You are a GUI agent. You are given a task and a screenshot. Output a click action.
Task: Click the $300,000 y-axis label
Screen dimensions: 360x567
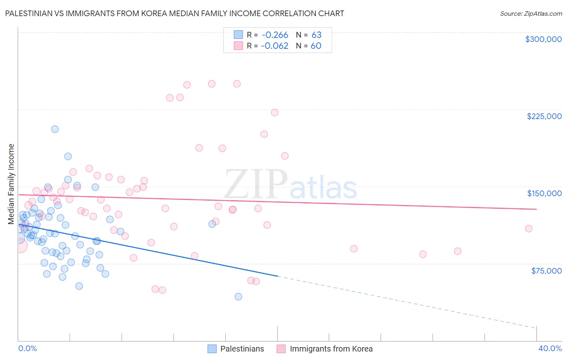coord(543,39)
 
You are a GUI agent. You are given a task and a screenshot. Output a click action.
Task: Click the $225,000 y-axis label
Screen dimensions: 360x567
coord(544,116)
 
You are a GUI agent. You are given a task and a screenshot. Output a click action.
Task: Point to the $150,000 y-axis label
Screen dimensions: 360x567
coord(544,193)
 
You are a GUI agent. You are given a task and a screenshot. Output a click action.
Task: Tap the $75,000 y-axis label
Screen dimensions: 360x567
coord(546,271)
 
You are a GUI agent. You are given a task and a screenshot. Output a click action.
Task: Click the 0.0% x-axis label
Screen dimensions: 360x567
coord(27,348)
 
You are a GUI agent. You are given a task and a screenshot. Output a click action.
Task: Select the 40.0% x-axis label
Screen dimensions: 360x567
coord(550,348)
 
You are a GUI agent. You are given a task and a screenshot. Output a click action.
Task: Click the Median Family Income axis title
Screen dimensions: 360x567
coord(11,184)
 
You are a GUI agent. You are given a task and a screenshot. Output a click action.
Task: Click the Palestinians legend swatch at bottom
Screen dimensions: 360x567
coord(212,349)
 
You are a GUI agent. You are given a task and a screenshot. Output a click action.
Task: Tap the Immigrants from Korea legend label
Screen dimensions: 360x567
coord(331,349)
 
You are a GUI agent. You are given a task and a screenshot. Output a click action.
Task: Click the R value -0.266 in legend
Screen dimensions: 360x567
coord(274,35)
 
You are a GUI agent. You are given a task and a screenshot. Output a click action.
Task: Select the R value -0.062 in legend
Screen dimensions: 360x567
coord(274,46)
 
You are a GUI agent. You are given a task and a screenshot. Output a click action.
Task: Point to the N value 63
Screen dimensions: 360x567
coord(316,35)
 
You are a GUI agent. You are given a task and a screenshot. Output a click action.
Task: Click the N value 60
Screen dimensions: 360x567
coord(316,46)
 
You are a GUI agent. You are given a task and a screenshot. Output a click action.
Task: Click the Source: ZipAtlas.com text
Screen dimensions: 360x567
coord(531,14)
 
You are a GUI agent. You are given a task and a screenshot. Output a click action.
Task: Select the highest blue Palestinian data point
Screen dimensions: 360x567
coord(55,129)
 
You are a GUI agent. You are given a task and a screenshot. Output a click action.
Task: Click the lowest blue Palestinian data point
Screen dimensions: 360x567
coord(238,297)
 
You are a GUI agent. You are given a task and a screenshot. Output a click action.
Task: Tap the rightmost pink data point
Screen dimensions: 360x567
coord(529,228)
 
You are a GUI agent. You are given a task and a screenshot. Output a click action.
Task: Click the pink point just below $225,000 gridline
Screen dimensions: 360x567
coord(275,113)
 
